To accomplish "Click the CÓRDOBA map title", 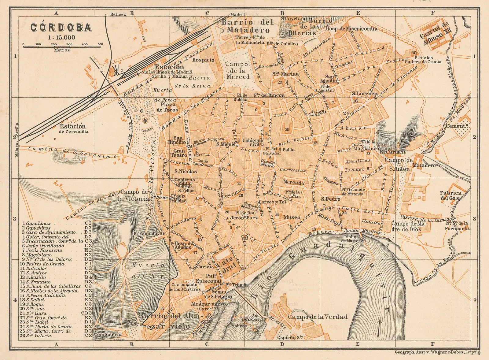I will [x=61, y=28].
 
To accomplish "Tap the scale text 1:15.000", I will [x=61, y=38].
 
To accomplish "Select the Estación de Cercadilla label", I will [x=73, y=128].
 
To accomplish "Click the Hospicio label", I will [x=203, y=60].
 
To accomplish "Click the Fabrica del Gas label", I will [x=450, y=195].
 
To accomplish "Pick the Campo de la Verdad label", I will [x=318, y=317].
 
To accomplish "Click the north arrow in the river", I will [x=379, y=327].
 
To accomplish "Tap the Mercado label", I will [x=293, y=183].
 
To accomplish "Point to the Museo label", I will [x=292, y=217].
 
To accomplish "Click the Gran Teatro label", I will [x=179, y=153].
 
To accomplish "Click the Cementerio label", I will [x=108, y=334].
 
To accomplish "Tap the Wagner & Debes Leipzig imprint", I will [x=437, y=352].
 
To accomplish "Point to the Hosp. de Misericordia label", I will [x=351, y=29].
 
